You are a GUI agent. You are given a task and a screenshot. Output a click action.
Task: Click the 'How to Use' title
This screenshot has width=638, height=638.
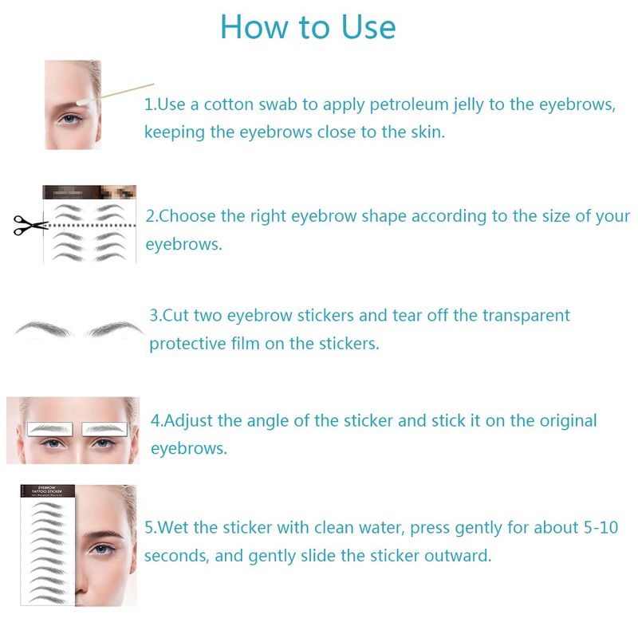click(308, 27)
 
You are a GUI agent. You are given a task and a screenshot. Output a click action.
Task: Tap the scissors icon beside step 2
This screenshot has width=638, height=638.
click(30, 225)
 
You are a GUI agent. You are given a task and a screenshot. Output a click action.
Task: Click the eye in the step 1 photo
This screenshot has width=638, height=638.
click(70, 120)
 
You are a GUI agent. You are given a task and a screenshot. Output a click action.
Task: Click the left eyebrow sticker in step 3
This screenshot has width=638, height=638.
click(43, 329)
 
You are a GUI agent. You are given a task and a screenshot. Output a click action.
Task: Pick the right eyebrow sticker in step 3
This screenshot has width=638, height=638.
click(115, 329)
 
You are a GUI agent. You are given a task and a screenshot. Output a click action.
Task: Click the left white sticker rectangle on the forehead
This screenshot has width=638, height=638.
click(50, 428)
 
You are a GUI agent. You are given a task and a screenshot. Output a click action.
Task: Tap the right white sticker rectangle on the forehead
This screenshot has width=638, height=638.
click(104, 428)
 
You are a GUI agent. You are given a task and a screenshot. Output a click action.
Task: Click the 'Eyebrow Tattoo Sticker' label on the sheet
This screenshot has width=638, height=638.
click(47, 490)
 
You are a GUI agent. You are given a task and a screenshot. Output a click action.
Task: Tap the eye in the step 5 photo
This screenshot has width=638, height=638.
click(100, 549)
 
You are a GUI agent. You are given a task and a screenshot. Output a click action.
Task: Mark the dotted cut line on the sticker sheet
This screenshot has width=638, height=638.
click(90, 226)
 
